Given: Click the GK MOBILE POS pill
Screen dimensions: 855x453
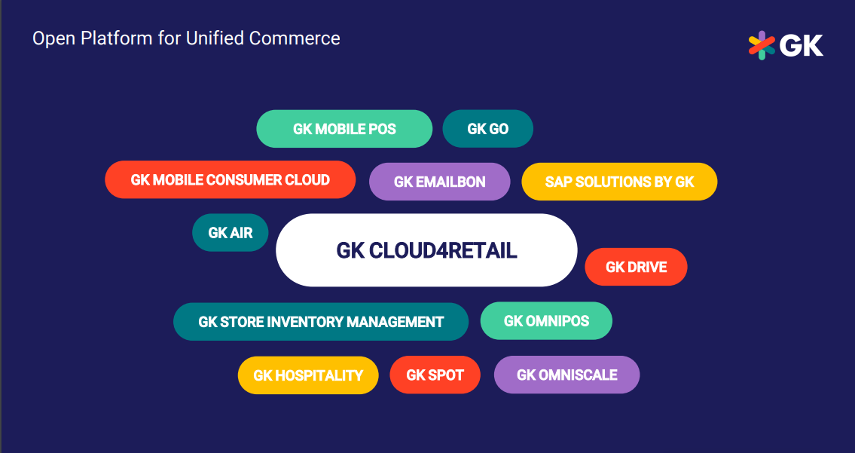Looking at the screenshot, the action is [344, 129].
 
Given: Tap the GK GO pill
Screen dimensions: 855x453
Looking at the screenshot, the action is [487, 129].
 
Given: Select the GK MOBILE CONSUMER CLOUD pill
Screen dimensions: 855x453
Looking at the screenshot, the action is [230, 179].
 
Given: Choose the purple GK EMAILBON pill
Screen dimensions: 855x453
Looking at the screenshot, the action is [439, 182].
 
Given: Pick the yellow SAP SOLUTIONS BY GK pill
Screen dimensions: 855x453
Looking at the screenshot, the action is [619, 182].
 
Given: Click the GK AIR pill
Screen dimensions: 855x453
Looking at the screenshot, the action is [230, 232].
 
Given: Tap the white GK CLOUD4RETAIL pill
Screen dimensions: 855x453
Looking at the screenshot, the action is [426, 250].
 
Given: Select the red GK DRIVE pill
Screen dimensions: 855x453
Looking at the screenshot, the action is [636, 267].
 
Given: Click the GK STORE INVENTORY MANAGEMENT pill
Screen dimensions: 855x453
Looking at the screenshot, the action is [321, 321].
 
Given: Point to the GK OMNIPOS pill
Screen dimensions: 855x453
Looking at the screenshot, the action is [546, 320].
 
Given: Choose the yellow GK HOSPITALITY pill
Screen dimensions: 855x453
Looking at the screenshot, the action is [308, 375].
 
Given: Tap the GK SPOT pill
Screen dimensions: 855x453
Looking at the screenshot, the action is [435, 375].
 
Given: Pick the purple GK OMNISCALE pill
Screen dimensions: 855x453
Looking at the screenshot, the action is [566, 375].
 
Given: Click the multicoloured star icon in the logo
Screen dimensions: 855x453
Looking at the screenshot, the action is [762, 45].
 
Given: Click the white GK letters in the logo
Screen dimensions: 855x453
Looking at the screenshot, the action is [802, 45].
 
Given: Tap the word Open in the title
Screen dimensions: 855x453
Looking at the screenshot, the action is [54, 39].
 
